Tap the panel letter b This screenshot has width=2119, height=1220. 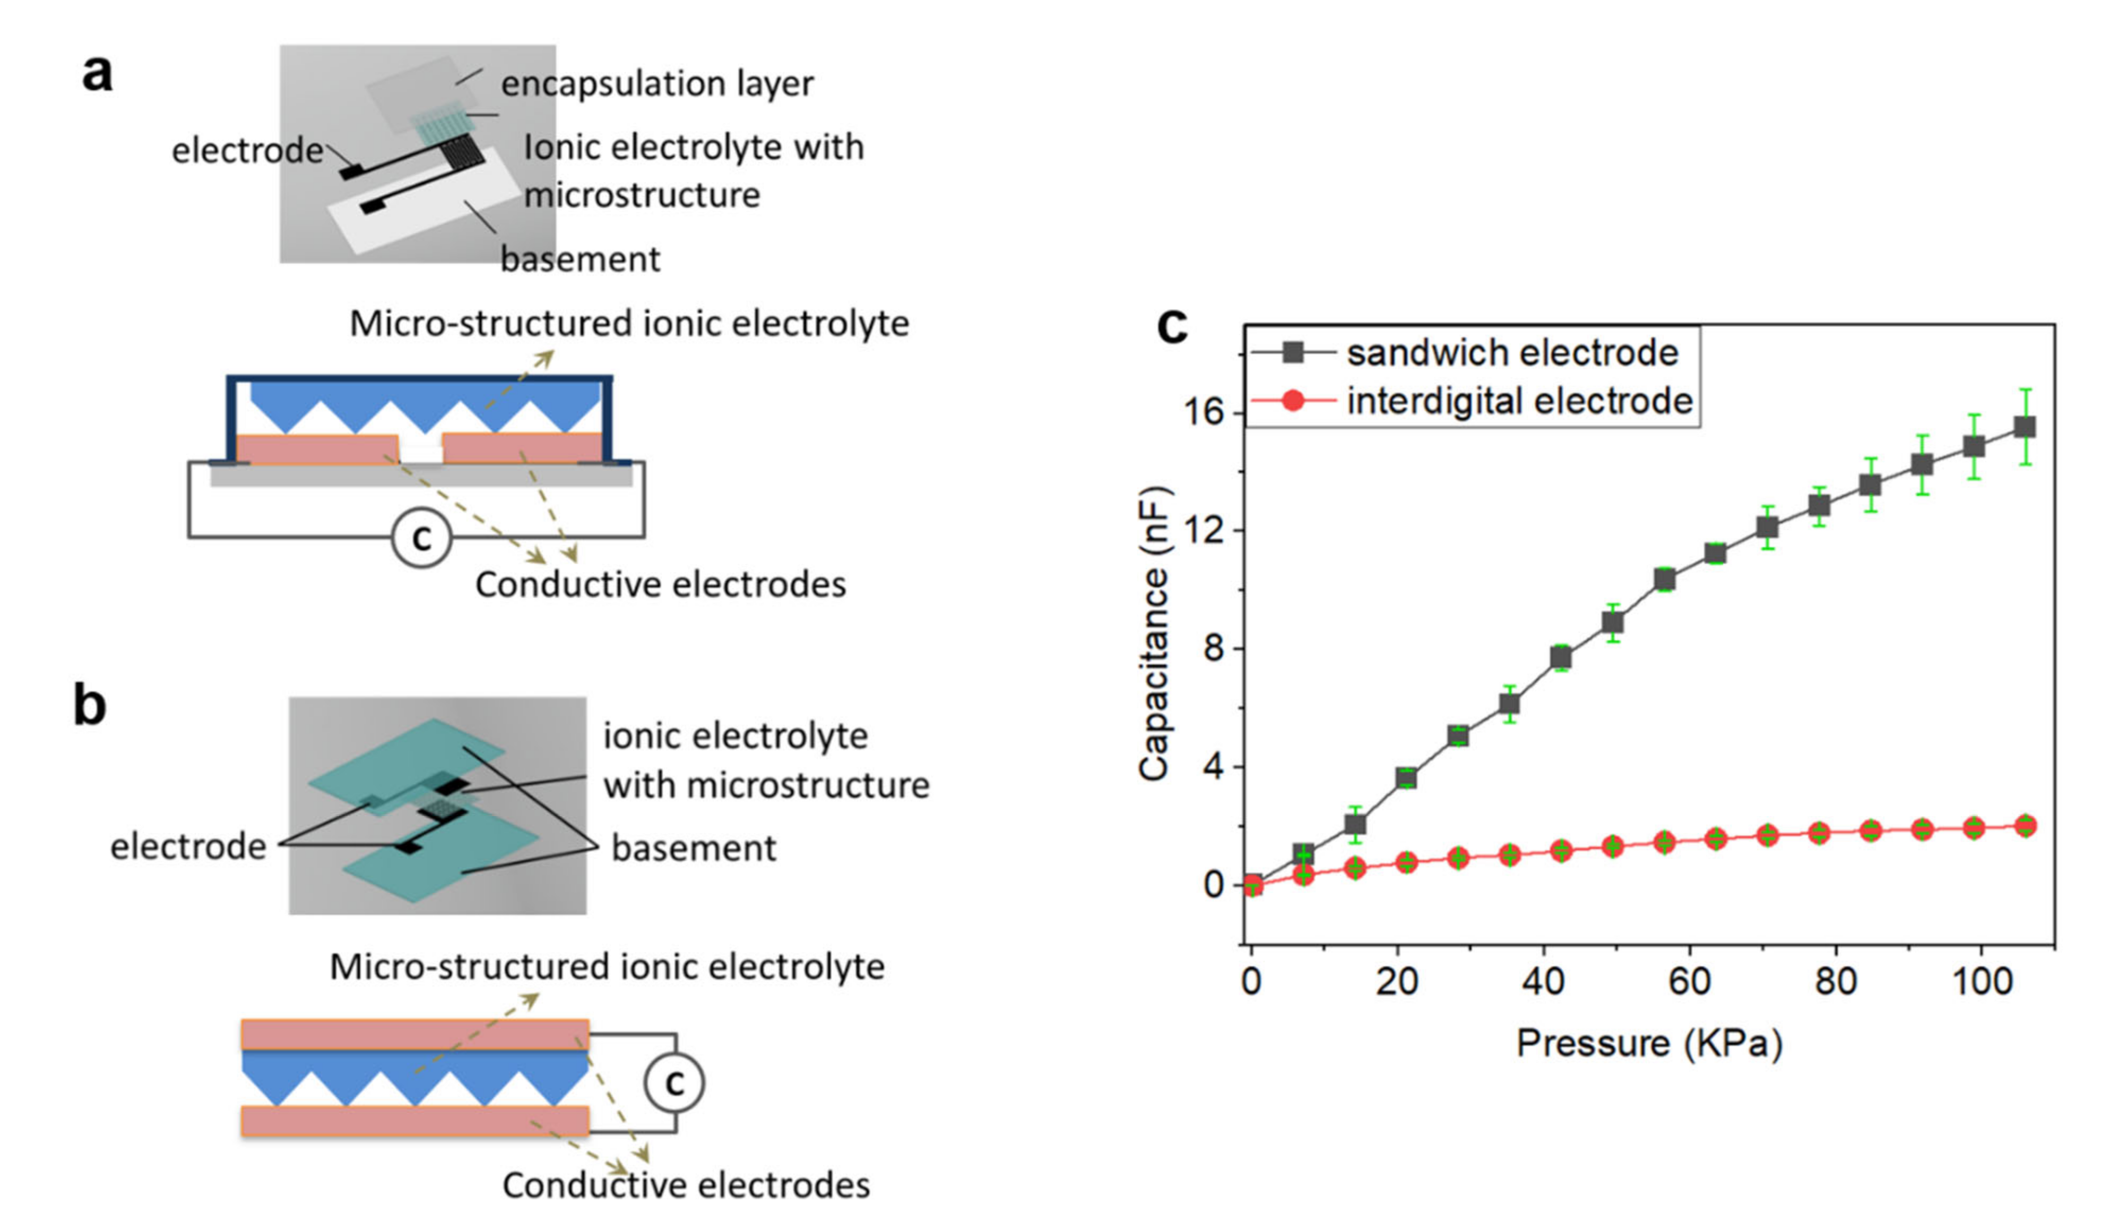[x=90, y=706]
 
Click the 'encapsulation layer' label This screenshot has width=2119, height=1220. [x=657, y=84]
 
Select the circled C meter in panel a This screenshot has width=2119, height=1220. [x=421, y=537]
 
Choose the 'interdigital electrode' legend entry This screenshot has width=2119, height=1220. [x=1519, y=401]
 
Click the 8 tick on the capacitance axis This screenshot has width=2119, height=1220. [x=1213, y=648]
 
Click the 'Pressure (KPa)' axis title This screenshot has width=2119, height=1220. [x=1649, y=1044]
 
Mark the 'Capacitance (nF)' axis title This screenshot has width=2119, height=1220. [x=1155, y=634]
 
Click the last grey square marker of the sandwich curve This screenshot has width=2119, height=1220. [x=2025, y=427]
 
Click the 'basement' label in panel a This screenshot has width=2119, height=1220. [x=580, y=259]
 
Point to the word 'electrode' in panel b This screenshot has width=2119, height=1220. [x=188, y=847]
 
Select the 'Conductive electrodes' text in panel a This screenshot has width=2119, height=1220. [x=660, y=585]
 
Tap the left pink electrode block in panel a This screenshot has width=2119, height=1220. [x=317, y=448]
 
